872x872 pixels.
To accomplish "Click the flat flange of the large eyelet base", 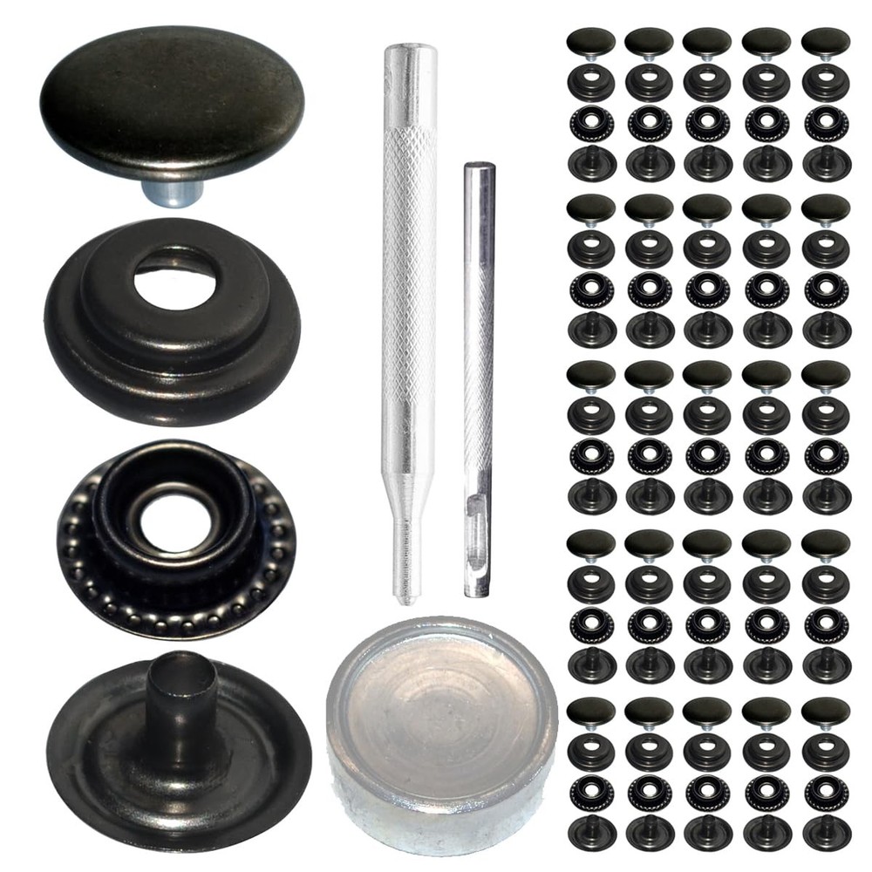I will tap(96, 767).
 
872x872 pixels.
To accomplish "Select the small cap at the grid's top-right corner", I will tap(825, 40).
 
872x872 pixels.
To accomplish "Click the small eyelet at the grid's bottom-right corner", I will tap(825, 834).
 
